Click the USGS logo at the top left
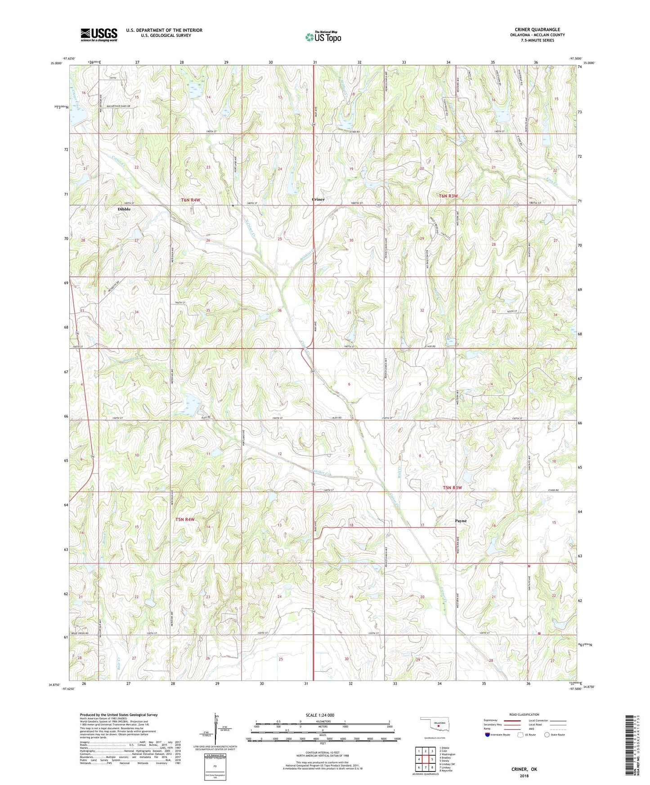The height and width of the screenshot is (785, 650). pos(99,35)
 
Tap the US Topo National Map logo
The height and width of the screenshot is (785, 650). pos(323,37)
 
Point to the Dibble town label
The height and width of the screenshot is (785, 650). pos(124,210)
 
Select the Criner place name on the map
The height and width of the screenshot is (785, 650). pos(318,199)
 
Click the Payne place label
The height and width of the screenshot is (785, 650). pos(461,521)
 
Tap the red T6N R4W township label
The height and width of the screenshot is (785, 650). pos(190,200)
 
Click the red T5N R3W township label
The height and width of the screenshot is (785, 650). pos(453,487)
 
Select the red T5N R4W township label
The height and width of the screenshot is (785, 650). pos(185,520)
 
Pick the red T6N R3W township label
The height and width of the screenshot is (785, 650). pos(448,196)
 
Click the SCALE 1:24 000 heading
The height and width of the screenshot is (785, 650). pos(320,715)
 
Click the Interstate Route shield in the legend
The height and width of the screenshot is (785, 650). pos(488,735)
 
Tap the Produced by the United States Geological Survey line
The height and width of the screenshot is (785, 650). pos(119,714)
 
